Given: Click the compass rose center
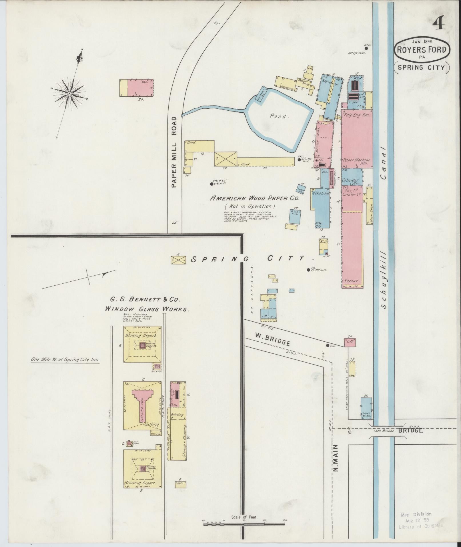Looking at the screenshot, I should click(69, 94).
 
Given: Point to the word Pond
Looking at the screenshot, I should click(278, 116).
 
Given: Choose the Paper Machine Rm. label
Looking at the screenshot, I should click(356, 162).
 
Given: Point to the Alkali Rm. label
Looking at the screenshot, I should click(321, 193).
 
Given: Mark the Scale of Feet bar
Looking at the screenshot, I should click(244, 524).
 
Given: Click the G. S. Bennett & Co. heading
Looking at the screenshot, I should click(145, 300).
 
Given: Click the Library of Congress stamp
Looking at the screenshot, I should click(420, 520).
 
